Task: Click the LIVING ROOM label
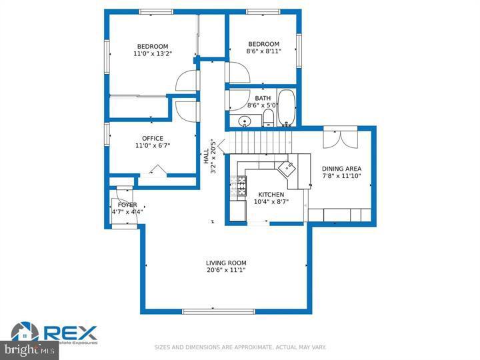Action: tap(226, 262)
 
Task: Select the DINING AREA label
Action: tap(341, 169)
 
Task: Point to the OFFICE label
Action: tap(152, 139)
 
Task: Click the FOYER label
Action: tap(127, 205)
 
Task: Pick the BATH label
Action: tap(263, 99)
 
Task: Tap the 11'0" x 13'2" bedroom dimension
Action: tap(153, 53)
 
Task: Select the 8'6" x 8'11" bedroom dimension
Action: tap(264, 51)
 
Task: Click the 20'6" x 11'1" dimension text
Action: tap(226, 270)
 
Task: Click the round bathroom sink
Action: tap(245, 121)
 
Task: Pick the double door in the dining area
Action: tap(339, 139)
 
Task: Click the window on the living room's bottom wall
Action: tap(209, 311)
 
